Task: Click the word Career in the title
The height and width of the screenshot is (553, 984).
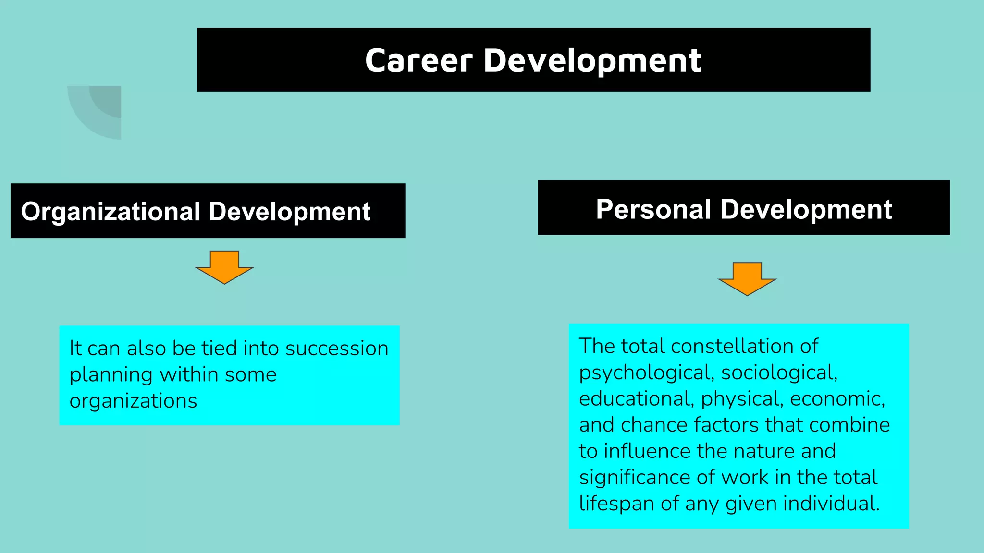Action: pyautogui.click(x=419, y=61)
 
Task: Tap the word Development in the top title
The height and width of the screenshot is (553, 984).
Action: pyautogui.click(x=592, y=61)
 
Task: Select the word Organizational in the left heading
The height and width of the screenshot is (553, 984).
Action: pyautogui.click(x=111, y=212)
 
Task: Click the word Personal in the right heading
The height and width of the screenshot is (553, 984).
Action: pyautogui.click(x=653, y=209)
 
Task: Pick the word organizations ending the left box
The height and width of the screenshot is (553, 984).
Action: pyautogui.click(x=133, y=401)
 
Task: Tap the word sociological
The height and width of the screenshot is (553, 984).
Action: pyautogui.click(x=779, y=373)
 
